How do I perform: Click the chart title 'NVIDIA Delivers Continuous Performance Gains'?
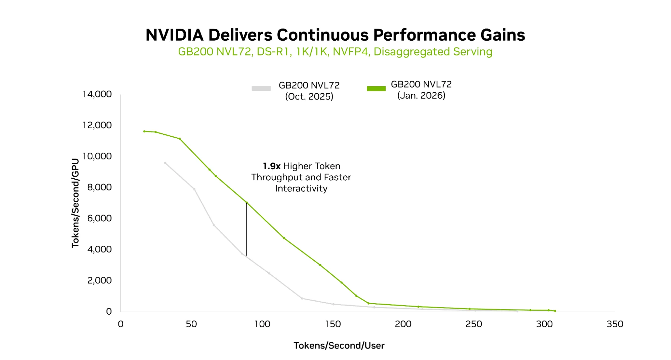[335, 35]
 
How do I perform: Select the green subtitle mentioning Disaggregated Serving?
[335, 52]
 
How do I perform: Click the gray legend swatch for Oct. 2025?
[261, 89]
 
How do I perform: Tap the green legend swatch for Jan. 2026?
[376, 89]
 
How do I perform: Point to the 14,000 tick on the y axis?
[97, 94]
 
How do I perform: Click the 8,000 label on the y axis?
[99, 187]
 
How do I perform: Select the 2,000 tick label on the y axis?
[99, 280]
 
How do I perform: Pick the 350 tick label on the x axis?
[615, 324]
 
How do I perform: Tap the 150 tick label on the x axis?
[332, 324]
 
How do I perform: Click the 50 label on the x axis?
[191, 324]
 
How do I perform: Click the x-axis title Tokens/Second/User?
[339, 346]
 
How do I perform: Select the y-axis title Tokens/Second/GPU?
[75, 203]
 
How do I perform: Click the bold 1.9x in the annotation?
[271, 166]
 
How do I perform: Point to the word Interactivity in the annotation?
[301, 189]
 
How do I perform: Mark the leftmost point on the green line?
[144, 131]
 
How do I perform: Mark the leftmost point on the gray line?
[165, 163]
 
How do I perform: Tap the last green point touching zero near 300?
[555, 311]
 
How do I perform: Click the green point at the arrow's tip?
[247, 203]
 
